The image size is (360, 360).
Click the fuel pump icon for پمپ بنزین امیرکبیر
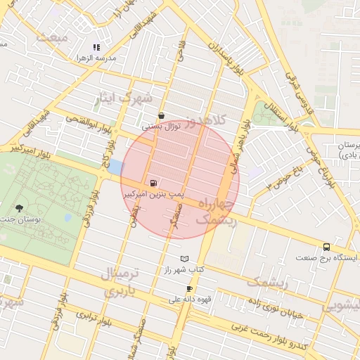(x=155, y=183)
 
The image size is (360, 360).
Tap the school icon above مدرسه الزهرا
(x=96, y=46)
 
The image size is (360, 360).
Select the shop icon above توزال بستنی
(x=162, y=116)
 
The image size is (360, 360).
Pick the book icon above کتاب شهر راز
(x=184, y=259)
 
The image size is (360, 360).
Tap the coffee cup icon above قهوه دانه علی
(x=189, y=289)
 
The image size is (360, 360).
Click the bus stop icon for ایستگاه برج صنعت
(x=326, y=247)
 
